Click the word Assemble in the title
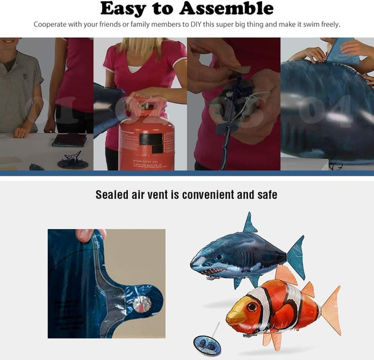(x=228, y=9)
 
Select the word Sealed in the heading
(x=113, y=195)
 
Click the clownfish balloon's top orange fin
(x=286, y=275)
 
